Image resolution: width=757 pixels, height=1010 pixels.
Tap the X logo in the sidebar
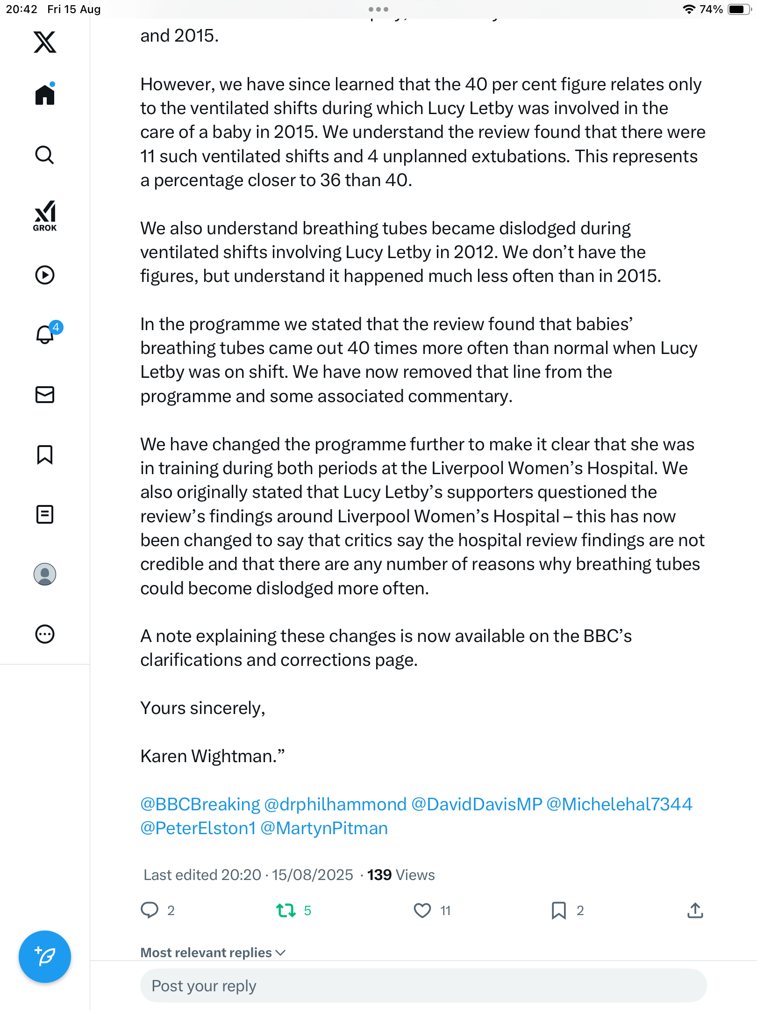coord(45,42)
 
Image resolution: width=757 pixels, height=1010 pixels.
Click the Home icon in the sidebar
coord(45,94)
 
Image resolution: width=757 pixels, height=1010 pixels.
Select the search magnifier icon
coord(45,155)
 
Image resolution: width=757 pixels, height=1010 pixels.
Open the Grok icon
coord(45,216)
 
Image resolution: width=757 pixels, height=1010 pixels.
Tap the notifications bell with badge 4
coord(45,334)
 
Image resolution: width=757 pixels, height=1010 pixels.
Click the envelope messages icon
coord(45,395)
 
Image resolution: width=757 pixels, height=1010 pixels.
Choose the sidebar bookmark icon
coord(45,454)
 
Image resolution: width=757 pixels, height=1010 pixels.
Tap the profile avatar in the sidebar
coord(45,574)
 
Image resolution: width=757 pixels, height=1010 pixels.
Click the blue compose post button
coord(45,957)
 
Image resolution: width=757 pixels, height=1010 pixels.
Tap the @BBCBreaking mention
coord(200,804)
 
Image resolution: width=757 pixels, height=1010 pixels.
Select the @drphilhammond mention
coord(335,804)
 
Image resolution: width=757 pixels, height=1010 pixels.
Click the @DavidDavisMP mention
coord(477,804)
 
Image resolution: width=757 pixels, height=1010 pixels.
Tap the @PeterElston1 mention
coord(198,828)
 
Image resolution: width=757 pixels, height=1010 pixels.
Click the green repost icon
coord(286,910)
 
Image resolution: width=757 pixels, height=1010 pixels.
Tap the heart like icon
coord(422,910)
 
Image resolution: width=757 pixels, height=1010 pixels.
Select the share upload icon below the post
coord(695,910)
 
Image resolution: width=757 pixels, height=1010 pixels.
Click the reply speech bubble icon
coord(150,910)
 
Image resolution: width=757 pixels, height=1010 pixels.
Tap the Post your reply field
coord(423,986)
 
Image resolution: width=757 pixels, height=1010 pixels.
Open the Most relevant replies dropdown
coord(213,952)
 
